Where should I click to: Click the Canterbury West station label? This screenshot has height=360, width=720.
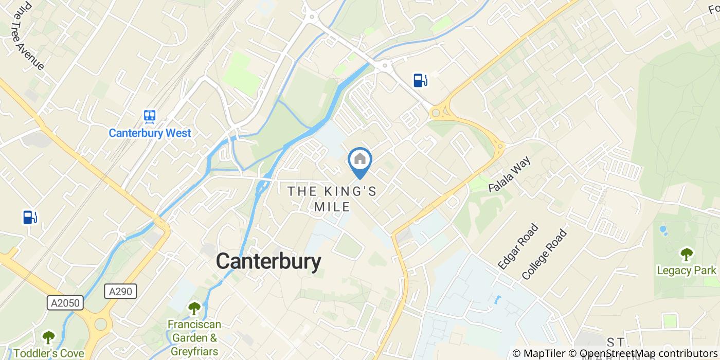click(x=150, y=133)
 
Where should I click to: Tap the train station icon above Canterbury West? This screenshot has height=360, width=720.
click(x=150, y=117)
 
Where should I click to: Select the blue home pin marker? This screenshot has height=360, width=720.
click(x=360, y=160)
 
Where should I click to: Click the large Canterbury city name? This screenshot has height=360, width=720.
click(x=268, y=262)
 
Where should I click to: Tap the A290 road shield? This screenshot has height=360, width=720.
click(x=121, y=292)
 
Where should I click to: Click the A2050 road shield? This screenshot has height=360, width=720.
click(x=66, y=303)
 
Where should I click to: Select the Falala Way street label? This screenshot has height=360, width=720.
click(x=509, y=175)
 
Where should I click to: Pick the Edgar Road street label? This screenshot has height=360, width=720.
click(x=518, y=246)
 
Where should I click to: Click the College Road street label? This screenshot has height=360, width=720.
click(x=544, y=254)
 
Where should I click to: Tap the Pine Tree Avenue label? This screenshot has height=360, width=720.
click(x=27, y=36)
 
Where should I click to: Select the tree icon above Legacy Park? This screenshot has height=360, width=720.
click(x=686, y=254)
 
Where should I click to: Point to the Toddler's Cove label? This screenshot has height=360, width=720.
click(x=48, y=353)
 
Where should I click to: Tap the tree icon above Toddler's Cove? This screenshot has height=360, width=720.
click(x=48, y=337)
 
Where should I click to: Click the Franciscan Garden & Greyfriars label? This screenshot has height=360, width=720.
click(x=194, y=338)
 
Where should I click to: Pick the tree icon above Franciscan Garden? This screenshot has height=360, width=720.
click(x=194, y=309)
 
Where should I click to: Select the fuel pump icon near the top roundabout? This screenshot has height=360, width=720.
click(x=420, y=80)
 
